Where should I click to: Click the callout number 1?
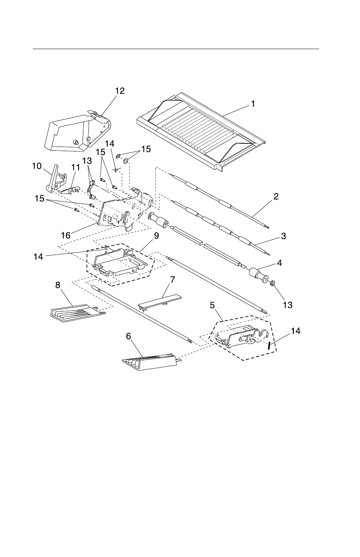tap(253, 103)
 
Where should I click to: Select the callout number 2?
tap(276, 196)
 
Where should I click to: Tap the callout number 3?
tap(283, 236)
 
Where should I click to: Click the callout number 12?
tap(120, 91)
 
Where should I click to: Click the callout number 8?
tap(58, 285)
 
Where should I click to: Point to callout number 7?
tap(172, 279)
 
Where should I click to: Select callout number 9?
tap(156, 235)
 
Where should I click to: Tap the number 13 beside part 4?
tap(288, 305)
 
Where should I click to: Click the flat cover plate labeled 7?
tap(158, 300)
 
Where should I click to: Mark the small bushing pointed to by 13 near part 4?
tap(271, 284)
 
